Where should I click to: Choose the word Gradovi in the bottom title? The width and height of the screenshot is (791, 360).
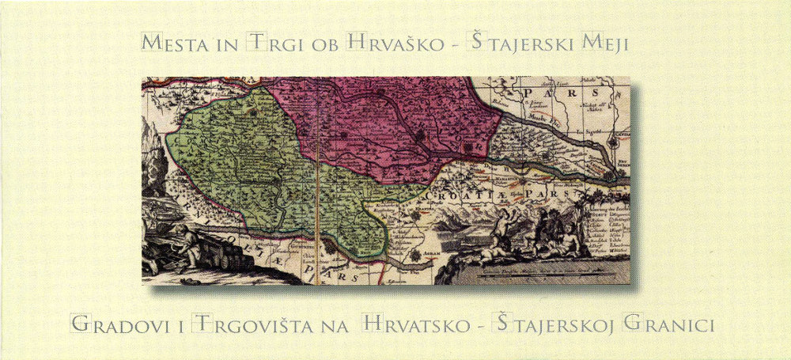[x=114, y=324]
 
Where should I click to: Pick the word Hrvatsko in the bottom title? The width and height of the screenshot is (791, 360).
[x=412, y=324]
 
